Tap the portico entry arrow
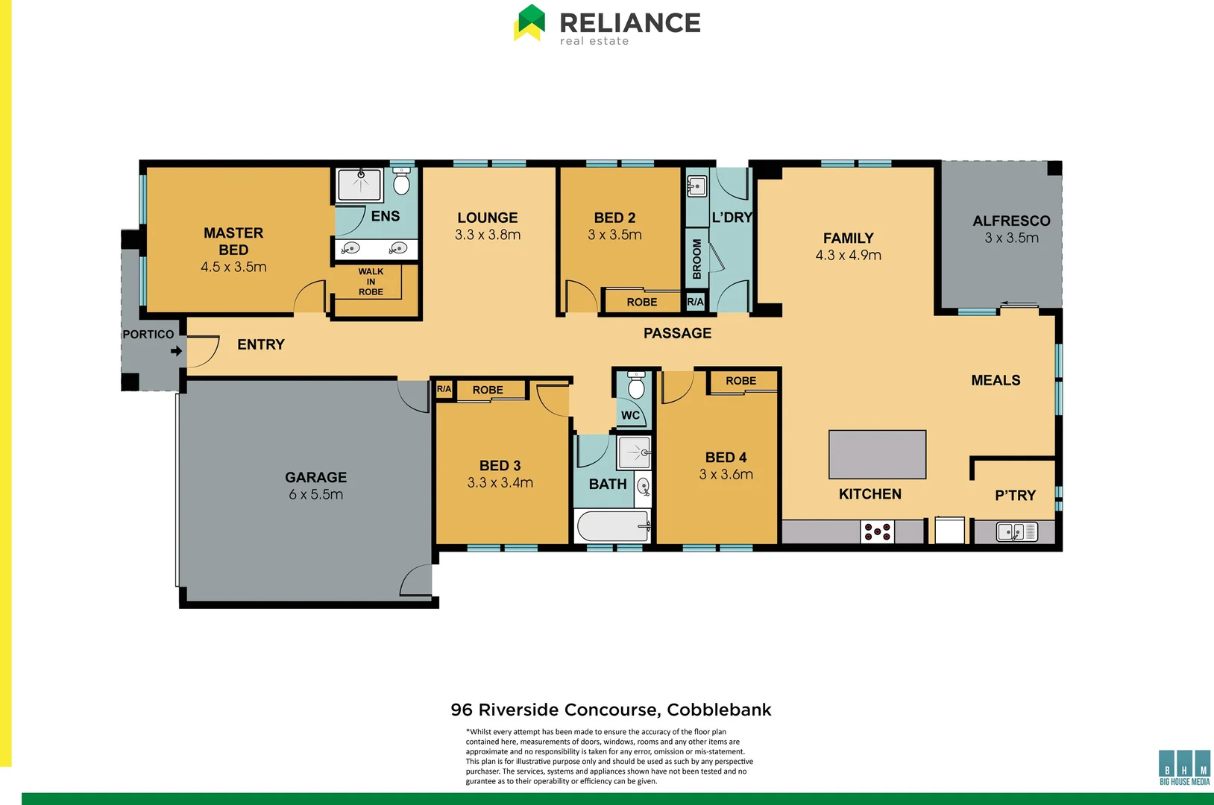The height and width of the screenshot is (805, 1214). tap(176, 351)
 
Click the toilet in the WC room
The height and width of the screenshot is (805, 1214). tap(636, 386)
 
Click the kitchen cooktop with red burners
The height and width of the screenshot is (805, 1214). tap(877, 531)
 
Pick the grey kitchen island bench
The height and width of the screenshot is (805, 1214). tap(877, 454)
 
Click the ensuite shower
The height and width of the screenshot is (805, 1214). tap(359, 184)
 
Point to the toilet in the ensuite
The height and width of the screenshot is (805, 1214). tap(402, 182)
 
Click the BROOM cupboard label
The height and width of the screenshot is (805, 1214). tap(696, 259)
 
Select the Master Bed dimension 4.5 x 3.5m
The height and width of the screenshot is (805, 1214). tap(233, 267)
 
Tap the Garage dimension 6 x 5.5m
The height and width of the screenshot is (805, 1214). tap(315, 494)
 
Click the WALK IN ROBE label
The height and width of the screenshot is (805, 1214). tap(371, 282)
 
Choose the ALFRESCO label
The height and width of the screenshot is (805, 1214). tap(1011, 221)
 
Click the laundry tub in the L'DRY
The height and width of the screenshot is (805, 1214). tap(696, 186)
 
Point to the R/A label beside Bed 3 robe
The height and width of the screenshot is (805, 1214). tap(444, 389)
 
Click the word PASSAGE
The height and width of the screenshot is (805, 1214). tap(677, 333)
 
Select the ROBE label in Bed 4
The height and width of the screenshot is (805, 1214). tap(740, 381)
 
